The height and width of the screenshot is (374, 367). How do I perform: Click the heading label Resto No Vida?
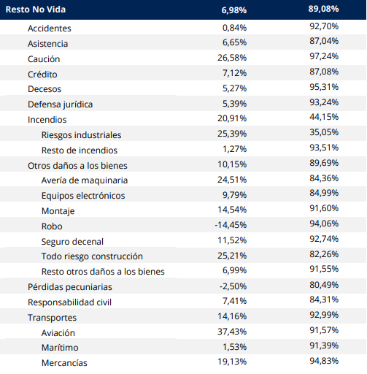tap(36, 9)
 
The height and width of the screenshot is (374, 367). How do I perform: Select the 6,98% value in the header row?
tap(234, 10)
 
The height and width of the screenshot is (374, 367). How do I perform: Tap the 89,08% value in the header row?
tap(323, 9)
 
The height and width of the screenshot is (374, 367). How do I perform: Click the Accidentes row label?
tap(50, 28)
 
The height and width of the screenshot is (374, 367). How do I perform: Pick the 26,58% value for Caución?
tap(232, 58)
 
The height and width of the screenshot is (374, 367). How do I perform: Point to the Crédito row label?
tap(42, 75)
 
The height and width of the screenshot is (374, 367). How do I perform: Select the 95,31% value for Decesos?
tap(324, 87)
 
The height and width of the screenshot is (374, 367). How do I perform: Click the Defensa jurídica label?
tap(61, 104)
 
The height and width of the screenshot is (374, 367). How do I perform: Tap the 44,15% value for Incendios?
tap(324, 117)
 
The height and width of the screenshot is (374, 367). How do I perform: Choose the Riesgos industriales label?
tap(81, 135)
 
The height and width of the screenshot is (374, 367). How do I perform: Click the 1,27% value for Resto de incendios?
tap(235, 149)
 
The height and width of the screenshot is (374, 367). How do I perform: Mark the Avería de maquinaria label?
tap(85, 180)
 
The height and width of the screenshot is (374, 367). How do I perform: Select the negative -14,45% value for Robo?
tap(231, 225)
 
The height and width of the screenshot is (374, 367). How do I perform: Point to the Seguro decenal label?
tap(72, 242)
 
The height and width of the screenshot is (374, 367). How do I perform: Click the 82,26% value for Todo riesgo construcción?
tap(324, 254)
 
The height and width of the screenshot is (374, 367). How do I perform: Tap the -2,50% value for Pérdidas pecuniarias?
tap(233, 286)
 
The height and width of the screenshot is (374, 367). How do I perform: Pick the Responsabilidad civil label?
tap(69, 302)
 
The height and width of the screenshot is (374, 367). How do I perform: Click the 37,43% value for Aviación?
tap(232, 332)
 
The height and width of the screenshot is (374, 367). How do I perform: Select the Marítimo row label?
tap(60, 348)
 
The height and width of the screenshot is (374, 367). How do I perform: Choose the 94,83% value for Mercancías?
tap(324, 361)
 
